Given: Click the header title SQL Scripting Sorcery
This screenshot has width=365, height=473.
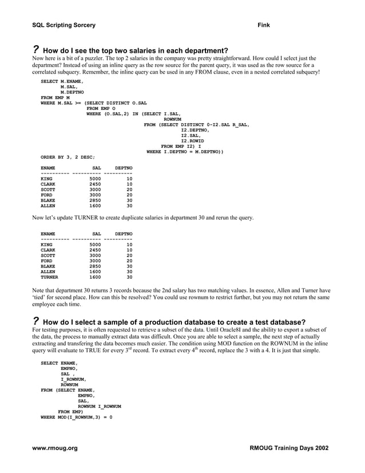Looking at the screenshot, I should (64, 25).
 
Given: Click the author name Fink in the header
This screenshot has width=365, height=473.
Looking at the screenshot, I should (264, 25).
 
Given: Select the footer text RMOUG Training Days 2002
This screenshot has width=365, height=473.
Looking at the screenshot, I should (289, 448).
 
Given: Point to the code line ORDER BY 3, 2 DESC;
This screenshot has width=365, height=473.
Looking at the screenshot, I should (68, 156).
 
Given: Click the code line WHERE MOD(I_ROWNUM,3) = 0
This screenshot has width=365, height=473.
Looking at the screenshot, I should (76, 417).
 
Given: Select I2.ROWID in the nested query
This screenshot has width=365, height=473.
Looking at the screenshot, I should (192, 140).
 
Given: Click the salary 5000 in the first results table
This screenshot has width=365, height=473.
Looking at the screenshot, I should (95, 179).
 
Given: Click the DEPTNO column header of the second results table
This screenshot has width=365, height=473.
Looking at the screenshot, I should (124, 234).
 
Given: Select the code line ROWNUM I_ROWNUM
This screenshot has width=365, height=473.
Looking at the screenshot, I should (99, 406).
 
